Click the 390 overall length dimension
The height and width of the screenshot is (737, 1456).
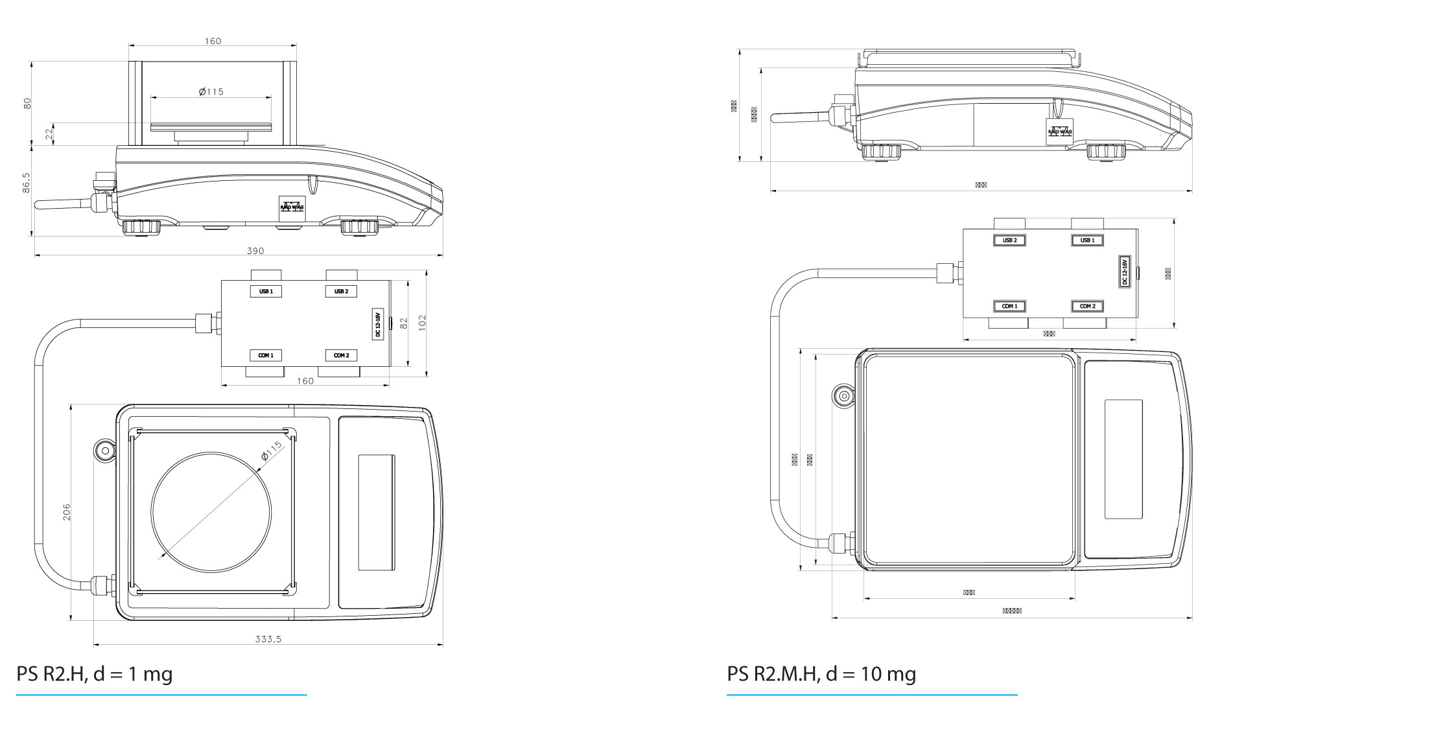click(255, 251)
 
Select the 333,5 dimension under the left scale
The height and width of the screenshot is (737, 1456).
click(268, 639)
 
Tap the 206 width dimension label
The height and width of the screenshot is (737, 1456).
click(66, 511)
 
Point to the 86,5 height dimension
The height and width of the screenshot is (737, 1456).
click(26, 182)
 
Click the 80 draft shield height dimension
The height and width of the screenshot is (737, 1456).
click(27, 103)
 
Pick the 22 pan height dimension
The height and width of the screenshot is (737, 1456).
click(49, 134)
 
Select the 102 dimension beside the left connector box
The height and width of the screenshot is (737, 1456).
click(422, 322)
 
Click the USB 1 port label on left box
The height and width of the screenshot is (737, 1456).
click(266, 292)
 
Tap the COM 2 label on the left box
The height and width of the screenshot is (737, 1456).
click(341, 356)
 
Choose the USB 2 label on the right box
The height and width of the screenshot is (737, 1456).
click(1009, 240)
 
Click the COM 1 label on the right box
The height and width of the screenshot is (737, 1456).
click(1009, 306)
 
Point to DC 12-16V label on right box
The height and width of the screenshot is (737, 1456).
click(1125, 271)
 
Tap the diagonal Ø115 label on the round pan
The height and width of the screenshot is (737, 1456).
click(272, 451)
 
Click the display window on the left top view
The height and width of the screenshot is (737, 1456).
click(376, 512)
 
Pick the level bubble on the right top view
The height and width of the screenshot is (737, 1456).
click(843, 397)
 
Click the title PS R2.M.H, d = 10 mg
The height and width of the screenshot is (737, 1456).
click(821, 674)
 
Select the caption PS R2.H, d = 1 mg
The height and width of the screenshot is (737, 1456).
click(95, 674)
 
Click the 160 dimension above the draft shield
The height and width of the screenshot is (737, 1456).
click(213, 41)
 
